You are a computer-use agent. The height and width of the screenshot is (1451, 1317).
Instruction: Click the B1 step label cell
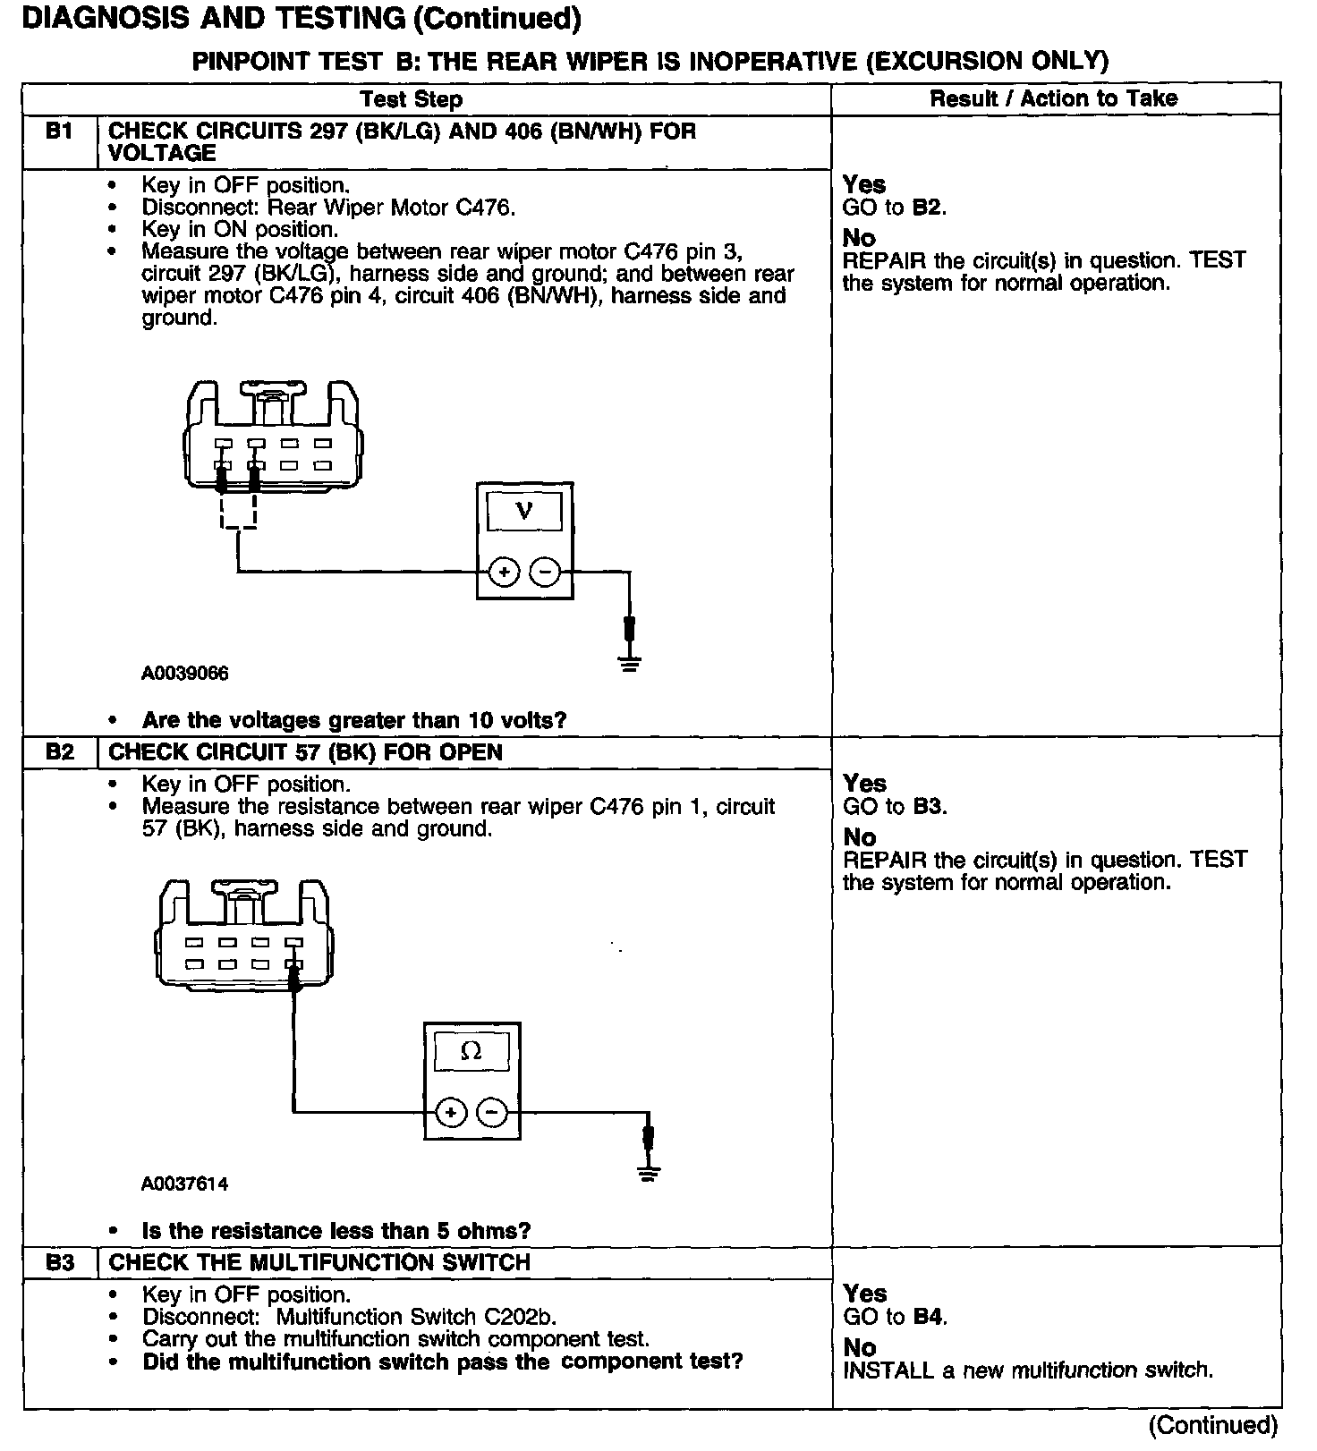59,132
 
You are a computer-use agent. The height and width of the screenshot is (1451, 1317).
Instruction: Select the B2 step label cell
59,752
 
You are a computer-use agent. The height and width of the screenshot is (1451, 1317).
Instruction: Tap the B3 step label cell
59,1262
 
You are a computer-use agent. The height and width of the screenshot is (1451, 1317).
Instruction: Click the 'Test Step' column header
412,99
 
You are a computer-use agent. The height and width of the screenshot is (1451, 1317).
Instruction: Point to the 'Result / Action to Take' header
1054,98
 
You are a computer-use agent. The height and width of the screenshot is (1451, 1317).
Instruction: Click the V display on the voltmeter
524,512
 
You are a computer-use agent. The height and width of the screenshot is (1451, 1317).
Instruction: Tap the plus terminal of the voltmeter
505,572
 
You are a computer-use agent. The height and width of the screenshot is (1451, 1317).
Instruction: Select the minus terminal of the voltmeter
545,572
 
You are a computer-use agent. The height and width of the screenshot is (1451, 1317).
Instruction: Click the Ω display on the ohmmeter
471,1052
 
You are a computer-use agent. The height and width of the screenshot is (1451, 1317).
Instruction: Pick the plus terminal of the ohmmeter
451,1113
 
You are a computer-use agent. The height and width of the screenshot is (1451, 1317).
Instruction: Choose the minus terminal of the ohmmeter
492,1113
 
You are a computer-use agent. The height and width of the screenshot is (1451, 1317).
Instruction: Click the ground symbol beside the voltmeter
630,663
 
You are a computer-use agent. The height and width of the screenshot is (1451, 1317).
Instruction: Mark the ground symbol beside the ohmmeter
650,1173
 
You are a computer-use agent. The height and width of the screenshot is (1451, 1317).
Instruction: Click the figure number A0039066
185,674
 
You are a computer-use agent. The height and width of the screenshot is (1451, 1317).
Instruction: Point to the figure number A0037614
185,1184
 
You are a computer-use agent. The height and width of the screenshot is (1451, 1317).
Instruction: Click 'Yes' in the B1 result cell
864,184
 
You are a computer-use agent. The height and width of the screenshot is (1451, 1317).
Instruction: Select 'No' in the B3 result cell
860,1347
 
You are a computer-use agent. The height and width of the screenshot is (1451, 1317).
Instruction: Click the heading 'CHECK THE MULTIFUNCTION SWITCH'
319,1262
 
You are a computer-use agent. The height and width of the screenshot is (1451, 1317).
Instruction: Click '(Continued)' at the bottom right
1213,1425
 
